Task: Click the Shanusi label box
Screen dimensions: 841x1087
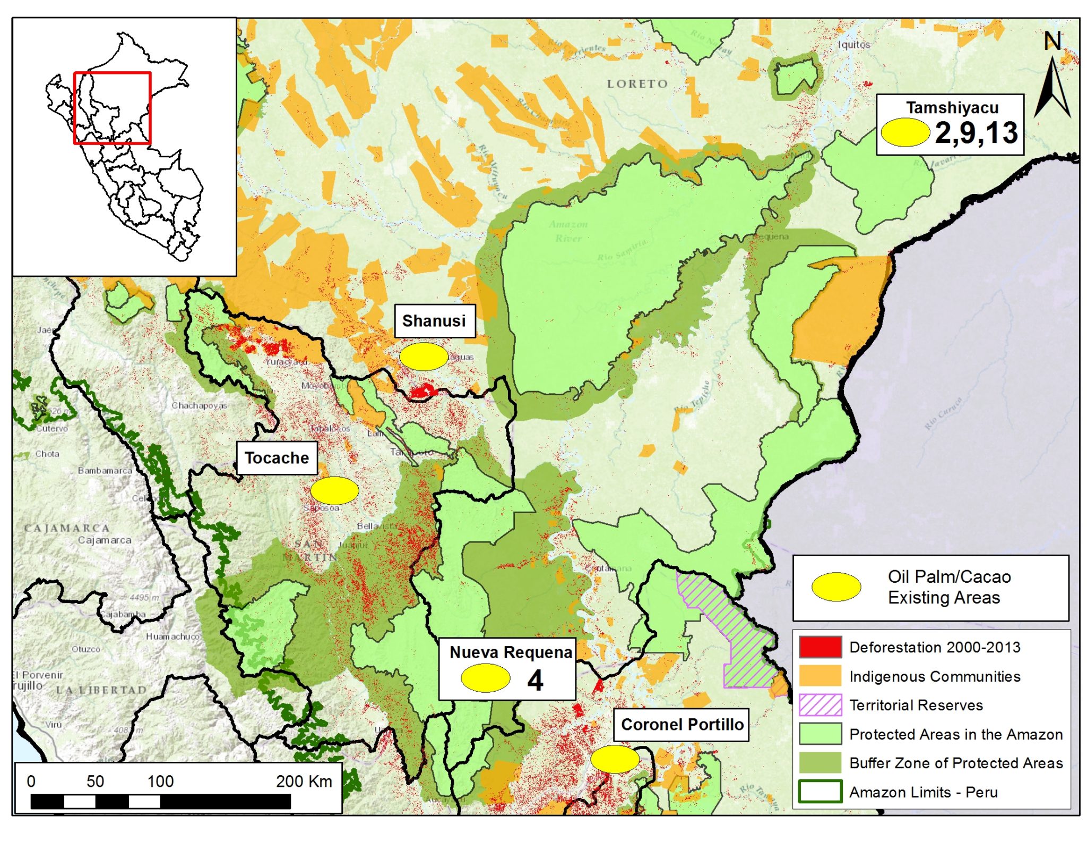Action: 434,321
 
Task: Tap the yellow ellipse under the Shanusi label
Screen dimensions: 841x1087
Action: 423,356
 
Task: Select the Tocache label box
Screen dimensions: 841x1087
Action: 277,458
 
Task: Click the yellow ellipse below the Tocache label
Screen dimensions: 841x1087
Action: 334,490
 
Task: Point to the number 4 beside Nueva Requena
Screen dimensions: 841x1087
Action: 535,681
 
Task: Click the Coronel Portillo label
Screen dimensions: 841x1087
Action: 681,725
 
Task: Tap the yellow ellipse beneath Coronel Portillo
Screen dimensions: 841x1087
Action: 615,759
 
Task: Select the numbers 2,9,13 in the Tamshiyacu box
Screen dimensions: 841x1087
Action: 976,133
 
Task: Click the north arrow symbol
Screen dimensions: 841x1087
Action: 1052,88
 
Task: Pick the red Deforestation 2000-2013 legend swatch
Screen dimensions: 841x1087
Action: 820,647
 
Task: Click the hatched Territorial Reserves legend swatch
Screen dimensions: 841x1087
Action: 820,705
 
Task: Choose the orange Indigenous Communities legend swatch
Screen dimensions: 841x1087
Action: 820,676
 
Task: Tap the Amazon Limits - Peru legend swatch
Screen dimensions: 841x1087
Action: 820,792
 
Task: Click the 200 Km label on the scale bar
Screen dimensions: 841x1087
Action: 304,781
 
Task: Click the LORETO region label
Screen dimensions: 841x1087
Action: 637,84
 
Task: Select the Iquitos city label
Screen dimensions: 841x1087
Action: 853,45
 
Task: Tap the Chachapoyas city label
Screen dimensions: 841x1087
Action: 199,405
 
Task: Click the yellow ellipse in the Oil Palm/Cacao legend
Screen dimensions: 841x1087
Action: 836,587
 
